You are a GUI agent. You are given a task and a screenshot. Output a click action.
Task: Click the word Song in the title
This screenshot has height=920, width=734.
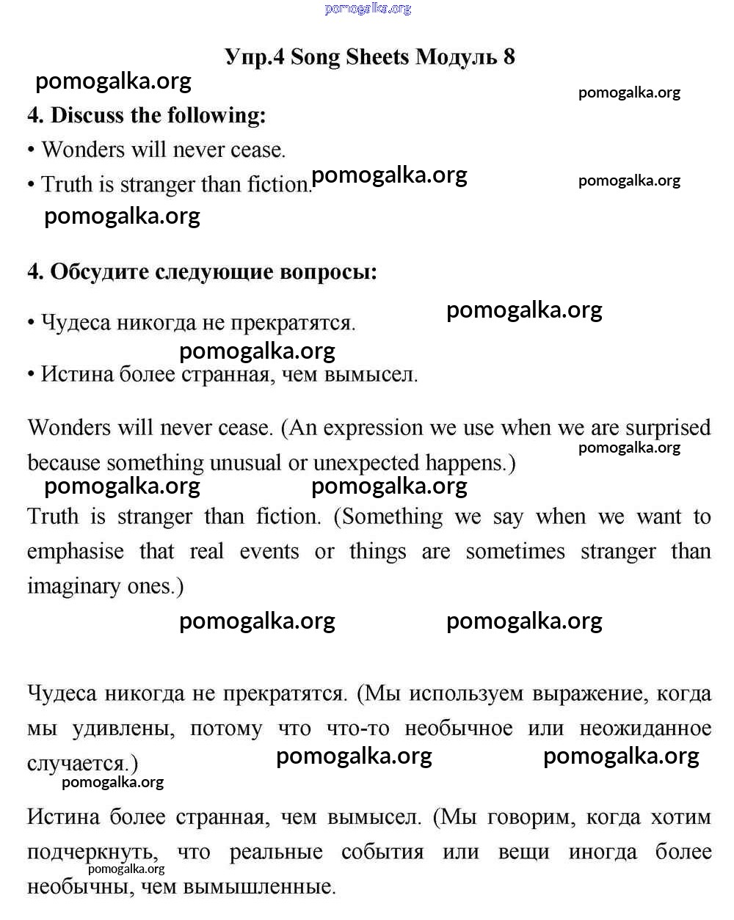(x=316, y=57)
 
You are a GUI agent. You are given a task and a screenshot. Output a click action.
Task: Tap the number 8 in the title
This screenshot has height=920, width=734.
(x=509, y=57)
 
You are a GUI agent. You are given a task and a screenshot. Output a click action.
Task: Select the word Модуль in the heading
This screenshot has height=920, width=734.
(x=456, y=57)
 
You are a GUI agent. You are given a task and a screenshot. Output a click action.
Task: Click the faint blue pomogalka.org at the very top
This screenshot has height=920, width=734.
(x=368, y=9)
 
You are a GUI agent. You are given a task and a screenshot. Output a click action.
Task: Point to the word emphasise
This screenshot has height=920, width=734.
(x=76, y=552)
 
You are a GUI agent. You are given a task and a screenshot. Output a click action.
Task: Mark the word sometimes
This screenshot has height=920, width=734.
(x=515, y=552)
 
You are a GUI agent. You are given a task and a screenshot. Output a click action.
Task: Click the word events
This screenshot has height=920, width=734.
(x=269, y=552)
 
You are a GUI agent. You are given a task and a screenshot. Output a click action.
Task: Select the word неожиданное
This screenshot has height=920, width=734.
(x=645, y=729)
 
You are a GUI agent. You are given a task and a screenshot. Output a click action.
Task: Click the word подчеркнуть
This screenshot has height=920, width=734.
(x=92, y=853)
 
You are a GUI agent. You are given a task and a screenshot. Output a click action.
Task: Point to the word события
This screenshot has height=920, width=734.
(x=382, y=853)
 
